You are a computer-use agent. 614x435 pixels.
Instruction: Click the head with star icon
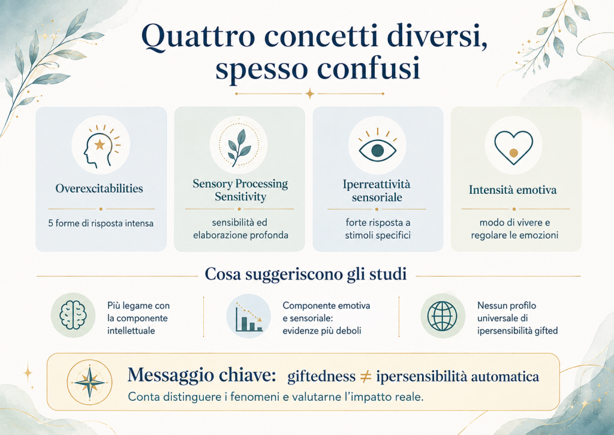point(101,146)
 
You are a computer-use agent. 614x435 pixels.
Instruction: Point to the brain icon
point(73,316)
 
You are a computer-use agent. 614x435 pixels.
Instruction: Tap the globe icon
point(443,316)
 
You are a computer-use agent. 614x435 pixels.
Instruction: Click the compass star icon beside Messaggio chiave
point(90,382)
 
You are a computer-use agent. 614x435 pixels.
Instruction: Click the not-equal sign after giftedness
point(365,377)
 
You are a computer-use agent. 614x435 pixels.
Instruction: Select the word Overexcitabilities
point(99,188)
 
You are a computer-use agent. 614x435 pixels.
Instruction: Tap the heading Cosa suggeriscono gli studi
point(305,274)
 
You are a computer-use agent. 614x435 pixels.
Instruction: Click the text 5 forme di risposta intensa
point(101,223)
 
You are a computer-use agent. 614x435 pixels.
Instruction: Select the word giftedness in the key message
point(321,377)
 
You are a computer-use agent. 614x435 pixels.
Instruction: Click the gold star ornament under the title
point(310,94)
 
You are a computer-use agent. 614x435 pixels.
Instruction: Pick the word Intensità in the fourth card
point(490,190)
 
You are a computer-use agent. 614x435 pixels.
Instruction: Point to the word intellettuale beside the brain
point(131,331)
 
